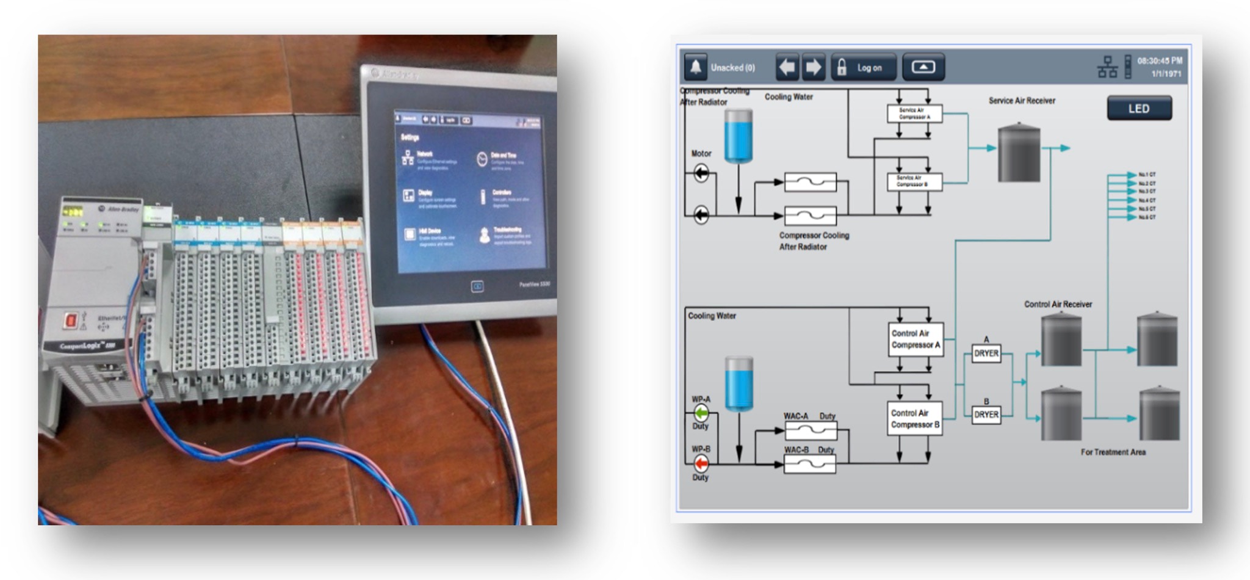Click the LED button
point(1139,109)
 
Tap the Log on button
point(864,68)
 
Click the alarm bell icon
point(695,67)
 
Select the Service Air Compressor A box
point(914,114)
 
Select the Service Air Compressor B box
point(914,181)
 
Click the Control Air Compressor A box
point(914,339)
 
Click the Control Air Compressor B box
point(914,419)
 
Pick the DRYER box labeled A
point(986,353)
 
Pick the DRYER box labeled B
point(986,415)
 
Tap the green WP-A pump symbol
point(701,413)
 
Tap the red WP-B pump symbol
point(701,463)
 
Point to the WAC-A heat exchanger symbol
point(811,431)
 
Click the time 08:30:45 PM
point(1159,61)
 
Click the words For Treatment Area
point(1113,452)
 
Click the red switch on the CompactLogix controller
point(71,320)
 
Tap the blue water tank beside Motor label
point(738,136)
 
